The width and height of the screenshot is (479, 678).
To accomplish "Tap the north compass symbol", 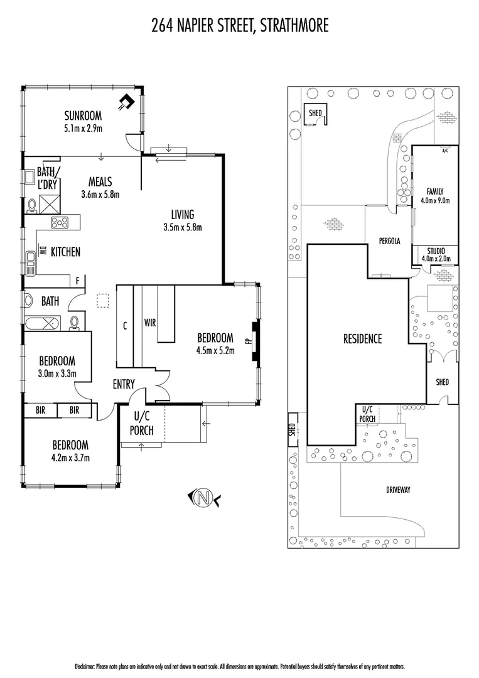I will [x=203, y=499].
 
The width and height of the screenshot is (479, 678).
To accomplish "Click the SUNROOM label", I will [x=83, y=116].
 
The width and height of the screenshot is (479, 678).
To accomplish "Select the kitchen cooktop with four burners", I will [x=60, y=222].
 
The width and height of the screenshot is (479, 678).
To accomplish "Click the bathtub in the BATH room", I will [x=42, y=324].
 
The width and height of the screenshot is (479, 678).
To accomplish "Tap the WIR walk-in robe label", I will [x=150, y=322].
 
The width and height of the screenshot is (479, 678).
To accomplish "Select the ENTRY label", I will [x=124, y=384].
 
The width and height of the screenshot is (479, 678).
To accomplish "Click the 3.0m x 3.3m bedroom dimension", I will [x=57, y=374].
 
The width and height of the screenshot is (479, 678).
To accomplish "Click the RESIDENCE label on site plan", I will [x=362, y=339].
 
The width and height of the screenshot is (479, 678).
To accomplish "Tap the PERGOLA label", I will [x=389, y=241].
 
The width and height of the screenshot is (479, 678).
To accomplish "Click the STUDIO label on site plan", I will [x=435, y=250].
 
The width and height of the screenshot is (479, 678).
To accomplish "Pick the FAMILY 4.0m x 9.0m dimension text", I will [x=435, y=200].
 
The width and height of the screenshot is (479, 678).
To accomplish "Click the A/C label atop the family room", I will [x=445, y=151].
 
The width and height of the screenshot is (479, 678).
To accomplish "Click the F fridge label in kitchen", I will [x=77, y=281].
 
